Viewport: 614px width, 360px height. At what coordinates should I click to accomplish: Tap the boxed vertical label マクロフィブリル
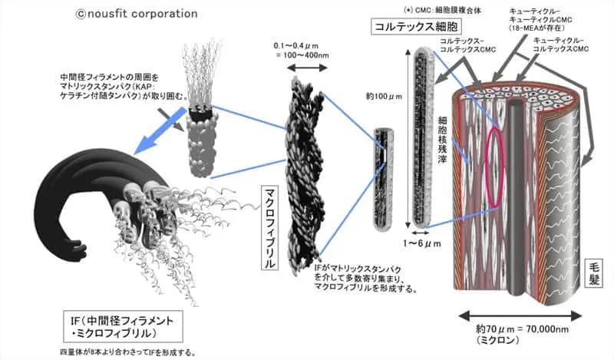269,227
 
